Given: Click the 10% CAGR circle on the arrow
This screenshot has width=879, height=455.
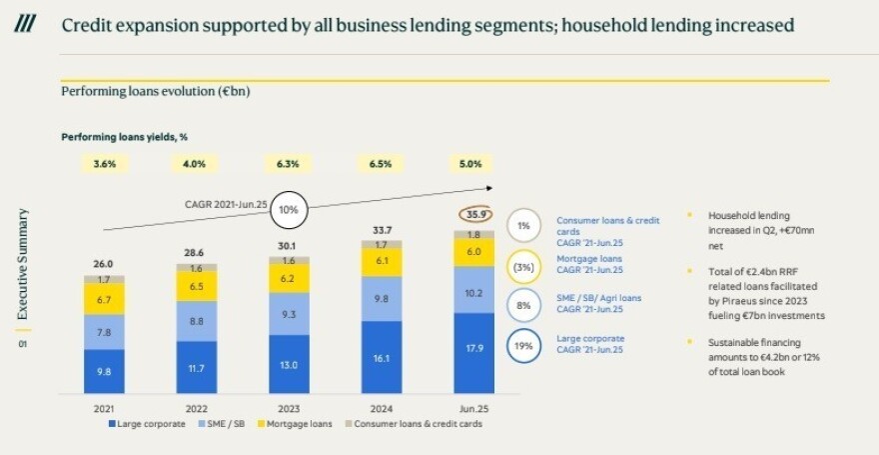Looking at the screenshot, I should [289, 210].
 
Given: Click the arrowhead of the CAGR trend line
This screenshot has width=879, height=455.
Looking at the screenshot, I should [490, 187].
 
